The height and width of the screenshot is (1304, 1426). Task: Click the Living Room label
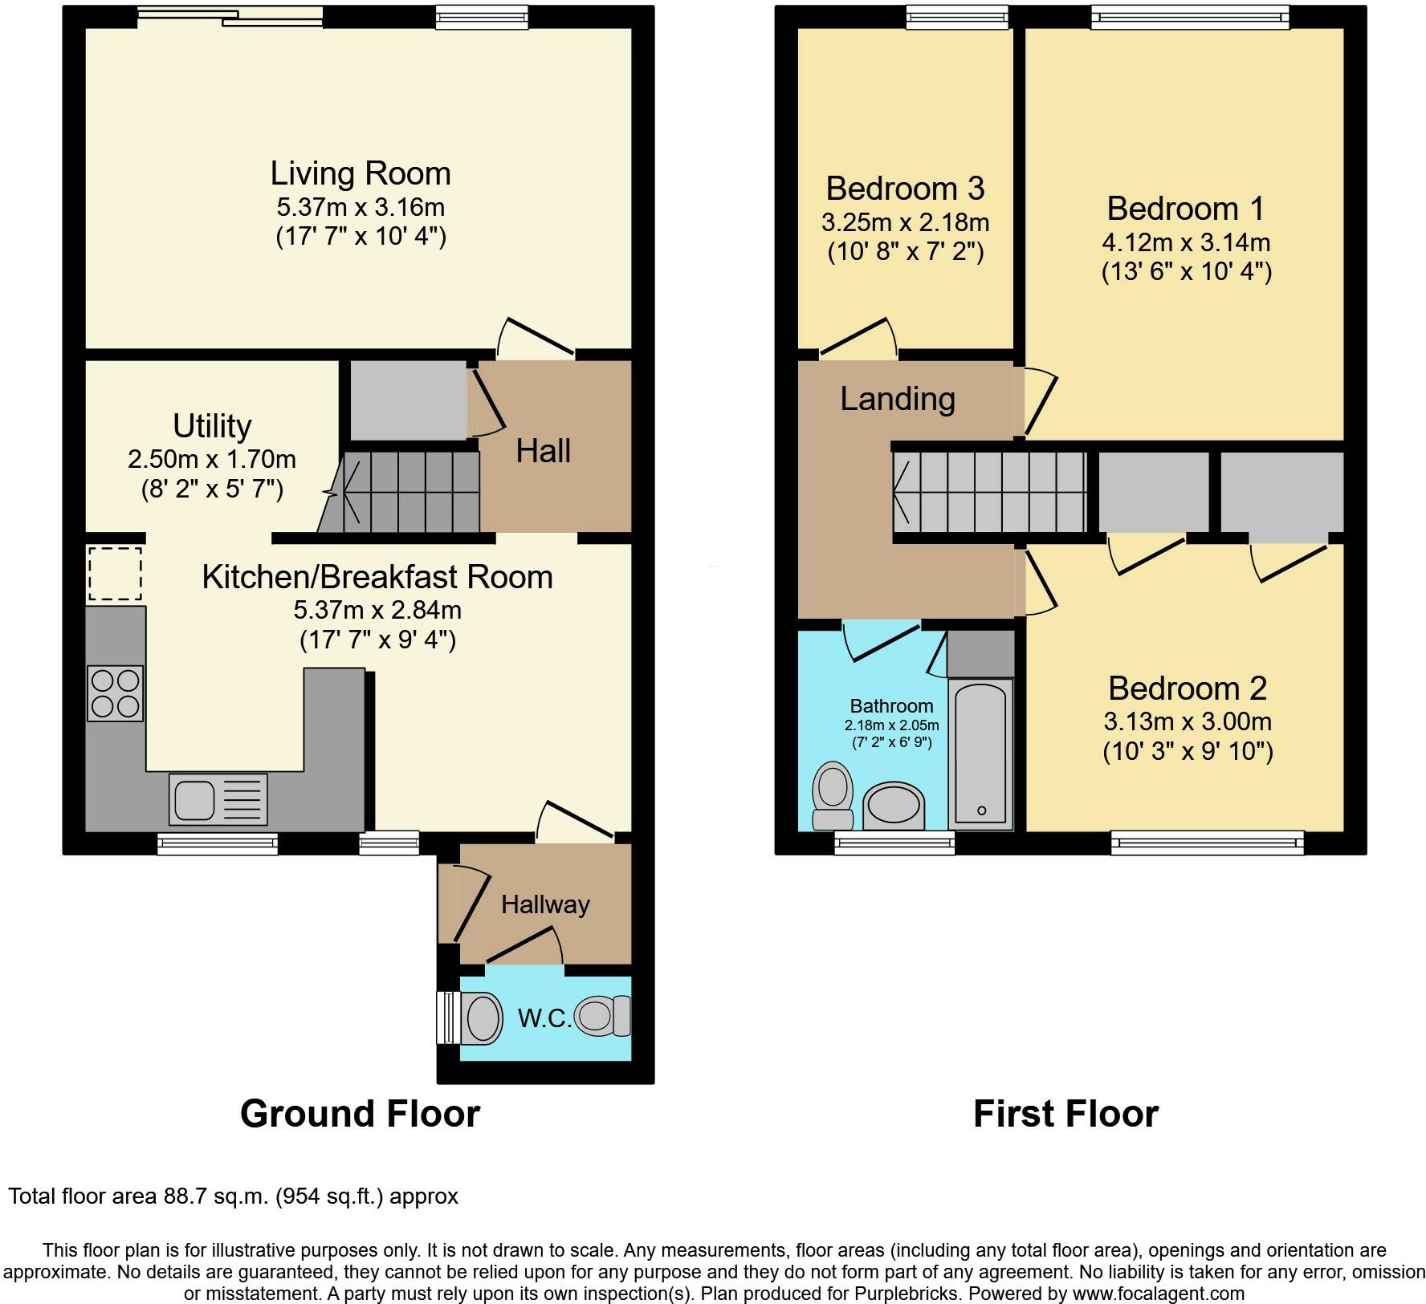point(360,173)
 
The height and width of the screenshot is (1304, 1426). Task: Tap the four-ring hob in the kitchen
point(115,693)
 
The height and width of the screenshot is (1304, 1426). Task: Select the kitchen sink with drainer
point(218,799)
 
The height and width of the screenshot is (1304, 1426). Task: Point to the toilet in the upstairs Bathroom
point(833,795)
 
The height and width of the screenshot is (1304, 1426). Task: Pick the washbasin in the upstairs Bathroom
point(894,805)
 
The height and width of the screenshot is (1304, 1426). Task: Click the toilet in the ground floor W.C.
point(604,1016)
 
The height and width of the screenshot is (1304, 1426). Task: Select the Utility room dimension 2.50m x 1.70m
point(212,460)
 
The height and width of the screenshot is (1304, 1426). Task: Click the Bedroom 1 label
point(1185,209)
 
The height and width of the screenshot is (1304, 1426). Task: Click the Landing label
point(898,399)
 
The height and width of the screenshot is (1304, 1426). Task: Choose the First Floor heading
point(1065,1114)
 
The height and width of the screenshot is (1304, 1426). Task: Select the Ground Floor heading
point(360,1114)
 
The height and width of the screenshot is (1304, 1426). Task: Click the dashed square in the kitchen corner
point(115,574)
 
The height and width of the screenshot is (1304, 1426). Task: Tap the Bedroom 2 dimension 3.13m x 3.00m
point(1187,721)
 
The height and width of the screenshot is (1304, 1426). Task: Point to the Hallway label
point(545,905)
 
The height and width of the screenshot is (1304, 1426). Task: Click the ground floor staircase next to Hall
point(401,491)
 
